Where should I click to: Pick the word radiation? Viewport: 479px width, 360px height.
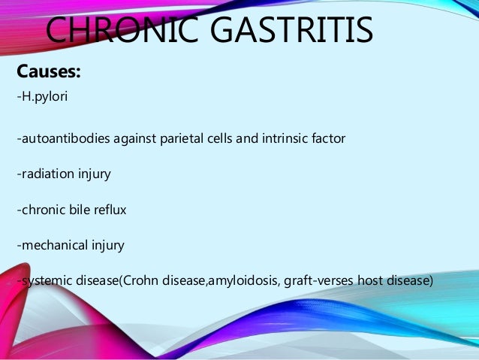46,174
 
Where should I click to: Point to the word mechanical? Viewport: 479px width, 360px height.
52,245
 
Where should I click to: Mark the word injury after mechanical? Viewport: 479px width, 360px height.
107,245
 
